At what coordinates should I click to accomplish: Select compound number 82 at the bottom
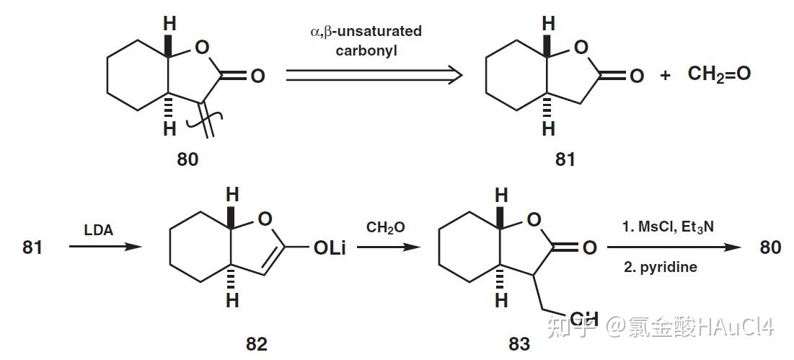tap(256, 344)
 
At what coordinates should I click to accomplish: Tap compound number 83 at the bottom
tap(519, 344)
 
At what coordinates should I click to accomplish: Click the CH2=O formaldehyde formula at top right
tap(719, 73)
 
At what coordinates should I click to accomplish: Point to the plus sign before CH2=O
tap(665, 74)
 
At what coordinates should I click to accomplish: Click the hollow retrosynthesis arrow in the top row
tap(374, 75)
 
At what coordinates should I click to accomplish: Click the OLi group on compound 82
tap(331, 247)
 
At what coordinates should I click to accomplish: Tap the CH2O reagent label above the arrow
tap(386, 228)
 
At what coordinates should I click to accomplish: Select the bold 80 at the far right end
tap(770, 247)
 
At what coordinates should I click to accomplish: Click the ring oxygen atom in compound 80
tap(203, 49)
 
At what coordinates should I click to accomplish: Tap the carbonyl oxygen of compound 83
tap(589, 247)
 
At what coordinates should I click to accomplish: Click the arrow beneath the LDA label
tap(101, 247)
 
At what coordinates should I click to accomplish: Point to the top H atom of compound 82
tap(232, 195)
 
